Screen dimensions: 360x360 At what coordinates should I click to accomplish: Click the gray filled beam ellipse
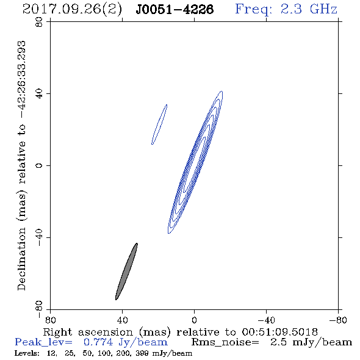pos(126,272)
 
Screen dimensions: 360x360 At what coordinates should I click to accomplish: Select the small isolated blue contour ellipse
pos(159,124)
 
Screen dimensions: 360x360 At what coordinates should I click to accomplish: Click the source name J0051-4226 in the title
pos(175,9)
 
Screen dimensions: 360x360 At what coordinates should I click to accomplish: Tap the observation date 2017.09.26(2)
pos(72,9)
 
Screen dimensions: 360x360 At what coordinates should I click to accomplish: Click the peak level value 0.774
pos(98,342)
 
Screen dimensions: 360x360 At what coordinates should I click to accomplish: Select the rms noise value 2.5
pos(278,342)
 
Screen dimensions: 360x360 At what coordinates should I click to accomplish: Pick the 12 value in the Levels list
pos(52,353)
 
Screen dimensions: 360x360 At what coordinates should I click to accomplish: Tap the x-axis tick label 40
pos(123,320)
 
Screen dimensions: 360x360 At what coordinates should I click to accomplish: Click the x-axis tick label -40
pos(266,320)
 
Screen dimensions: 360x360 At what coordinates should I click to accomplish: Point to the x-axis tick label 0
pos(194,320)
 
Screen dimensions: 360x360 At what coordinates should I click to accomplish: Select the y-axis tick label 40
pos(39,94)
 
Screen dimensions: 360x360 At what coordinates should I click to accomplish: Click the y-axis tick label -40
pos(39,238)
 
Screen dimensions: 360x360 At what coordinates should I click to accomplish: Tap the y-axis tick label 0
pos(39,165)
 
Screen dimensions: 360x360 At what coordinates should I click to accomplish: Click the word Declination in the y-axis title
pos(21,259)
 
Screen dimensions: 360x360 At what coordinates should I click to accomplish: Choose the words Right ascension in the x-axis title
pos(88,332)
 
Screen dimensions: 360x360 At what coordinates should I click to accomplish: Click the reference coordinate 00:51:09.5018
pos(279,332)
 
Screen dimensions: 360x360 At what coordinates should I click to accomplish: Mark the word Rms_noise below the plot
pos(225,342)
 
